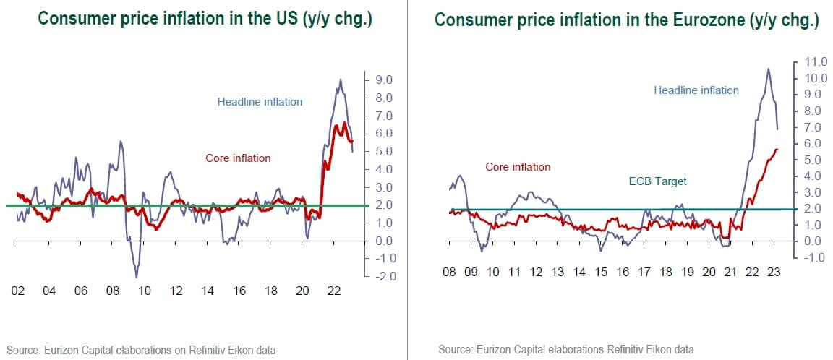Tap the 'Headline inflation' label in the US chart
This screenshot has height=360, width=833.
260,102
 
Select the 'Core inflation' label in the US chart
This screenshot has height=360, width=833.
238,158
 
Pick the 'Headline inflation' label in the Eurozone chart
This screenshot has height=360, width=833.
696,90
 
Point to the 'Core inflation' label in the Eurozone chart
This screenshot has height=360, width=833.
518,167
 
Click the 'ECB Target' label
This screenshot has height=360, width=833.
657,181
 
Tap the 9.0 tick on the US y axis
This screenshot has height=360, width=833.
383,80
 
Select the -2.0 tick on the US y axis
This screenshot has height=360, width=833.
383,276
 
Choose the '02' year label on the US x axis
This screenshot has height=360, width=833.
18,291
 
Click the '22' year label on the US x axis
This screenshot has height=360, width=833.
334,291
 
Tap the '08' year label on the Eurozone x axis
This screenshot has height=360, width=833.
449,273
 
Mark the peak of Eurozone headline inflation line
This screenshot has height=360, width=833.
768,69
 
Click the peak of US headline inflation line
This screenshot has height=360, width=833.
341,80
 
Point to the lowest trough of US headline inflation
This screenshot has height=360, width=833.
136,277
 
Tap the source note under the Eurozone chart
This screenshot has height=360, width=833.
566,350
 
